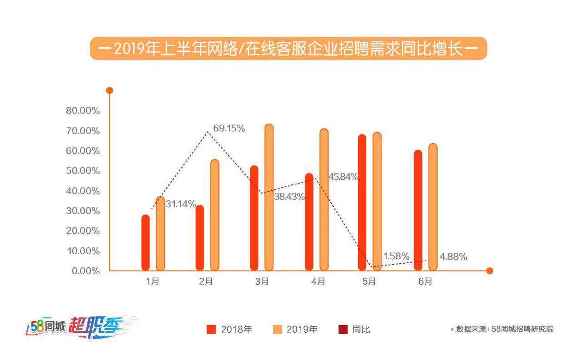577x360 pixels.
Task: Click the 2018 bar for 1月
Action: pos(145,242)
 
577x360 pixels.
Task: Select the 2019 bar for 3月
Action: pos(269,197)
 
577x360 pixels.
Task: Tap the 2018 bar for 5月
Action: pos(362,202)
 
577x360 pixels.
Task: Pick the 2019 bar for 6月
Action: pos(433,207)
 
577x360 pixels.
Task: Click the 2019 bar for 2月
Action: pos(214,215)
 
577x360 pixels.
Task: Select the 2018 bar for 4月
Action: pos(309,222)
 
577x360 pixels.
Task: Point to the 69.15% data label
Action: pos(229,128)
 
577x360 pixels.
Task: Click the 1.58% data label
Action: pos(396,256)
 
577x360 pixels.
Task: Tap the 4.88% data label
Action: pos(453,257)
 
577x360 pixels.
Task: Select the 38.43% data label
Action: pos(289,197)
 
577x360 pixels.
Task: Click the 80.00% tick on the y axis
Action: pos(83,111)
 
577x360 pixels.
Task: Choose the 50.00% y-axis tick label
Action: pos(83,171)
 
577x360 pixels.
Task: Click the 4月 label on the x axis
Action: pos(318,282)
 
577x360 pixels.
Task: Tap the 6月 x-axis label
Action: pos(425,282)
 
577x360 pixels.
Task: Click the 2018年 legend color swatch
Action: pos(211,330)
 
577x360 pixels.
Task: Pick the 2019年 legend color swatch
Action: pos(277,330)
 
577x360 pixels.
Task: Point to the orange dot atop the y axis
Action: pos(109,90)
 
